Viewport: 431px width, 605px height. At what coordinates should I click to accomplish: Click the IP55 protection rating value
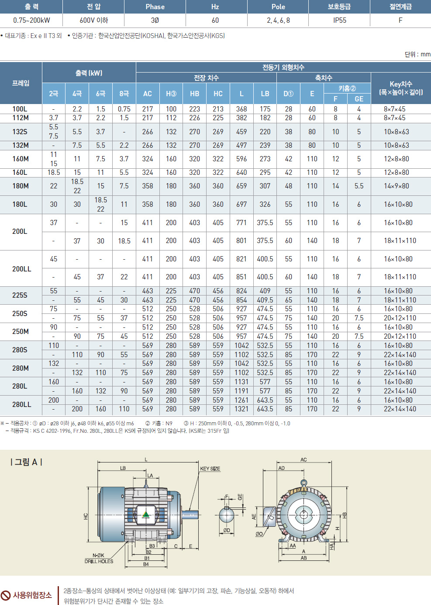click(x=339, y=20)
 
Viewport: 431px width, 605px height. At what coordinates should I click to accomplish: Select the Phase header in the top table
click(x=155, y=7)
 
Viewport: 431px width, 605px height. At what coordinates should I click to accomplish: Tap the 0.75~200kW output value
click(x=31, y=20)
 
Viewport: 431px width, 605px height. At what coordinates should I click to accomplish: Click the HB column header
click(x=194, y=94)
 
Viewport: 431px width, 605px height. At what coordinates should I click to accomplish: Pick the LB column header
click(x=265, y=94)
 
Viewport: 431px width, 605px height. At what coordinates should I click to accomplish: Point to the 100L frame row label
click(x=20, y=109)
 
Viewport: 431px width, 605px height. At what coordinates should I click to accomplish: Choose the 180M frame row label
click(x=21, y=186)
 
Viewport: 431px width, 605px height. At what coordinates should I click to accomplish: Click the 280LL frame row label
click(x=21, y=404)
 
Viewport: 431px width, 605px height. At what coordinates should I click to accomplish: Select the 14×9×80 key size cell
click(x=397, y=186)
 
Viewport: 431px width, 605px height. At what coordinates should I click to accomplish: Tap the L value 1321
click(x=241, y=409)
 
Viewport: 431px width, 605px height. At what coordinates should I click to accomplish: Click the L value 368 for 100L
click(x=241, y=109)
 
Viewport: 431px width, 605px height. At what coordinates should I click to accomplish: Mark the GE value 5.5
click(x=359, y=186)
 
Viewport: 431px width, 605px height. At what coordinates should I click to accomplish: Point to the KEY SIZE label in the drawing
click(x=210, y=469)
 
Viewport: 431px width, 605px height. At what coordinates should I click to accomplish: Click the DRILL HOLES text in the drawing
click(x=99, y=561)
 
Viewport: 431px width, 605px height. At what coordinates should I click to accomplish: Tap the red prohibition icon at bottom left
click(x=6, y=595)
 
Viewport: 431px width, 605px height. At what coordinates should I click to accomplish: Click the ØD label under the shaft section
click(x=227, y=530)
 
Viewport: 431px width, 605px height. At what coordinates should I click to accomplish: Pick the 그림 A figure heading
click(x=26, y=462)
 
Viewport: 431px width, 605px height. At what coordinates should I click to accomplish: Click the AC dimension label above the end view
click(x=303, y=459)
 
